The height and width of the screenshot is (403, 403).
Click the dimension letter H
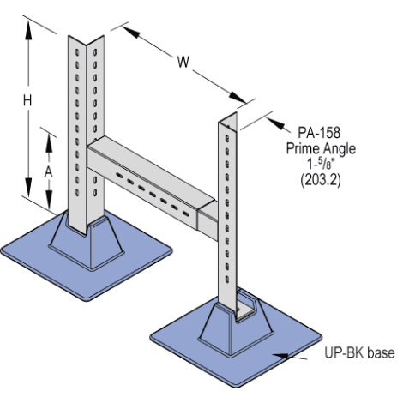click(x=27, y=101)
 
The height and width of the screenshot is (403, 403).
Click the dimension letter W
click(x=183, y=62)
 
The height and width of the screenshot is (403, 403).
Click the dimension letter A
click(x=49, y=172)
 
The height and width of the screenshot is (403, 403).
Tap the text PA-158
click(x=319, y=133)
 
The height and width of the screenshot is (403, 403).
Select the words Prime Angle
click(x=321, y=148)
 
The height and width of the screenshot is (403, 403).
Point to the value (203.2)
click(x=321, y=180)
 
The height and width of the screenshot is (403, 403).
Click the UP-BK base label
click(x=359, y=352)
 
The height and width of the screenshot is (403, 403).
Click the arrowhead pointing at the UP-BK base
click(x=280, y=355)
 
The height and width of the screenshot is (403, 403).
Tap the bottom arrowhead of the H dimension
click(x=28, y=187)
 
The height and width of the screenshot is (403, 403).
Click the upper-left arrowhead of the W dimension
click(x=131, y=32)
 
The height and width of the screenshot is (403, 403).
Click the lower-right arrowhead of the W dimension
click(x=238, y=97)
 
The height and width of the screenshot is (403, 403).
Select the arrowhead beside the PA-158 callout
click(x=276, y=123)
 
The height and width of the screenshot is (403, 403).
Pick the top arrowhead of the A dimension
click(x=49, y=142)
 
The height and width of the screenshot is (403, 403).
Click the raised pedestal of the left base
click(x=87, y=243)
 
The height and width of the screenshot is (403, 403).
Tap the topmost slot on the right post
click(x=227, y=139)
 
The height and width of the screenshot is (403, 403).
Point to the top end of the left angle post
click(x=86, y=40)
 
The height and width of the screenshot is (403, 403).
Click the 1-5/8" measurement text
click(x=321, y=165)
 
